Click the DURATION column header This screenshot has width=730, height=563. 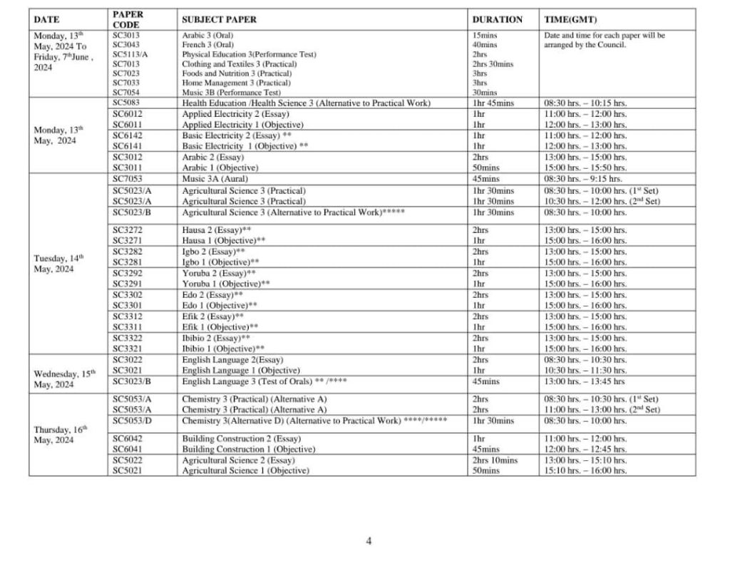(x=497, y=19)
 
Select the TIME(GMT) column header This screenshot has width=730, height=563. (x=570, y=19)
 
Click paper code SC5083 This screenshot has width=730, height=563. (x=126, y=103)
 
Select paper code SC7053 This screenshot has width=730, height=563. (x=127, y=179)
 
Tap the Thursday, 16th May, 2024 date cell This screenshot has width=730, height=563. (x=60, y=435)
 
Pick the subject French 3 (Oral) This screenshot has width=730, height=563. (x=207, y=44)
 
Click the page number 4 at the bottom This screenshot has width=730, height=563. (x=369, y=541)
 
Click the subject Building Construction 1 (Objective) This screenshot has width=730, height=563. (x=248, y=449)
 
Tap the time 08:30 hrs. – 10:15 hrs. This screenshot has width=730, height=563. (x=585, y=103)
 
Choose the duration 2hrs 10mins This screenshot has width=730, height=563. (x=495, y=460)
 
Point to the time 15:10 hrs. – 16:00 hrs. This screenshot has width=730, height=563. (x=585, y=470)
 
